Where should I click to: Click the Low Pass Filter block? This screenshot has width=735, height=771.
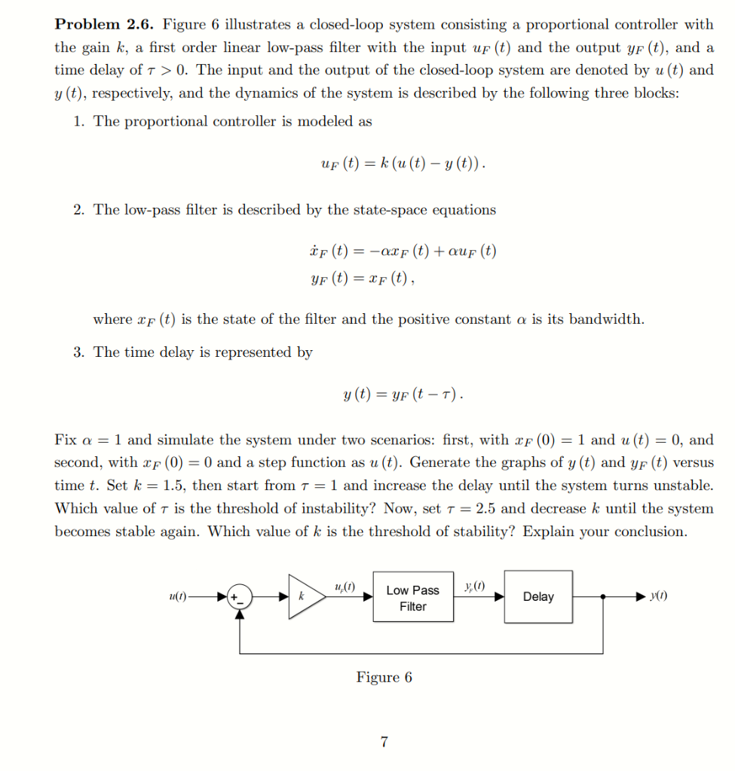[x=413, y=598]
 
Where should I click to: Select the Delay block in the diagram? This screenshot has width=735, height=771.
[x=538, y=596]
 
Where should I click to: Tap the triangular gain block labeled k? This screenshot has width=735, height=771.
[x=303, y=596]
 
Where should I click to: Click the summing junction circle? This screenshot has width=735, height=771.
[x=240, y=596]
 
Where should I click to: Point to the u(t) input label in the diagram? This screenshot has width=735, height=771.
[x=178, y=596]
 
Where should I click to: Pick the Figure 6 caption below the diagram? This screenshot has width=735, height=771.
[x=384, y=677]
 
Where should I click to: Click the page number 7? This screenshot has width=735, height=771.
[x=384, y=742]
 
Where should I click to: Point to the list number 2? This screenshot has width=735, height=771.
[x=79, y=209]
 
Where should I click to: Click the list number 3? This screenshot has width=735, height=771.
[x=79, y=352]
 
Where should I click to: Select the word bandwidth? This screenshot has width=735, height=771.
[x=605, y=318]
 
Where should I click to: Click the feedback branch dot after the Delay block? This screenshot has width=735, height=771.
[x=602, y=596]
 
